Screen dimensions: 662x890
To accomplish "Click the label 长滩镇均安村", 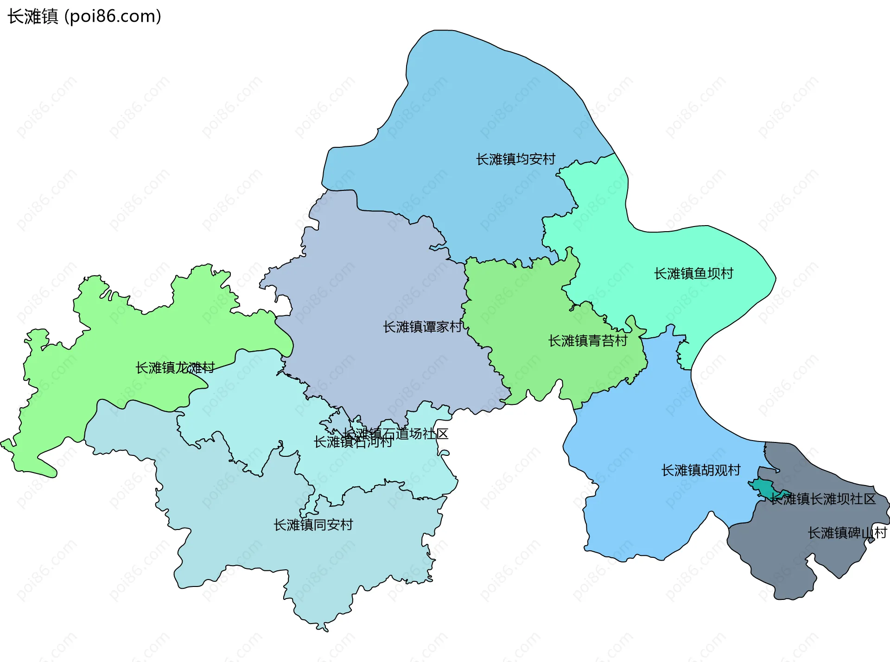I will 515,159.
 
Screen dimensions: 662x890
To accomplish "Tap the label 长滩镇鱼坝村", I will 693,274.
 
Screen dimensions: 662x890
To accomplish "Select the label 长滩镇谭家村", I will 422,327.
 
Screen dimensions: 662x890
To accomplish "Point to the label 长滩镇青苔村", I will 588,341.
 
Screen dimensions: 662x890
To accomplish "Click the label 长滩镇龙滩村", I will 175,368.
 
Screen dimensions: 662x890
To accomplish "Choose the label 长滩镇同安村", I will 313,525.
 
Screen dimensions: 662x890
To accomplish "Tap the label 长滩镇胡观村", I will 701,471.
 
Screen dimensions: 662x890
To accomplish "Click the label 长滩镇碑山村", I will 847,533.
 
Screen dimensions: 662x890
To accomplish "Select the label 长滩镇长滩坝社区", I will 823,499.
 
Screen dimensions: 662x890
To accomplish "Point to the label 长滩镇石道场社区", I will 395,434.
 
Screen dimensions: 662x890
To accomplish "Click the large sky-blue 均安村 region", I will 464,116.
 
